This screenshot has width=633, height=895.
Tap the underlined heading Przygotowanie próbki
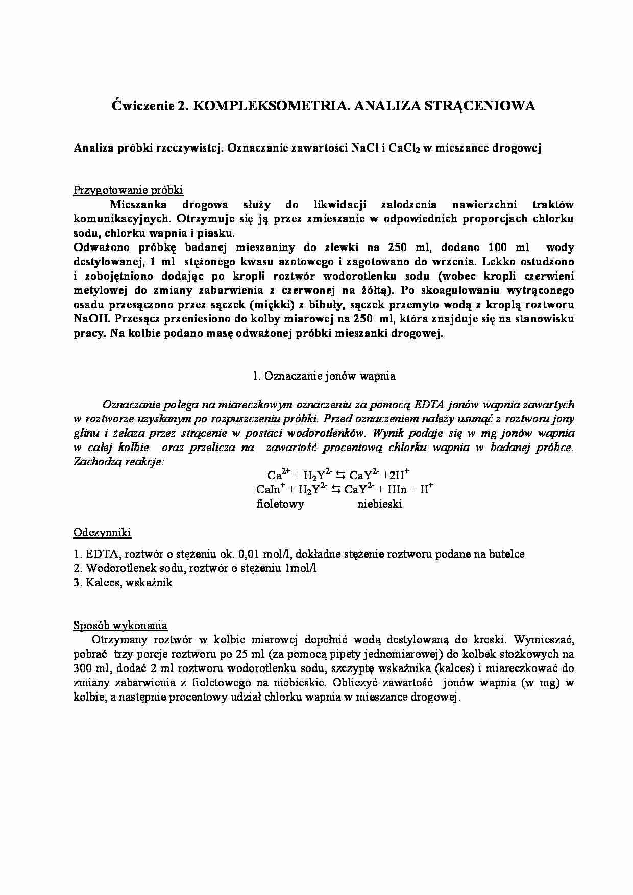pyautogui.click(x=128, y=190)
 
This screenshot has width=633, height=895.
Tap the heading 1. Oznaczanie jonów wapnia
pyautogui.click(x=324, y=376)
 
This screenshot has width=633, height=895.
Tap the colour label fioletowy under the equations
pyautogui.click(x=280, y=504)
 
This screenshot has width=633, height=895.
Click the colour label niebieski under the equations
pyautogui.click(x=379, y=504)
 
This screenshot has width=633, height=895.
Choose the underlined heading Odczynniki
pyautogui.click(x=102, y=533)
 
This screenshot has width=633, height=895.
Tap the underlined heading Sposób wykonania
pyautogui.click(x=120, y=625)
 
